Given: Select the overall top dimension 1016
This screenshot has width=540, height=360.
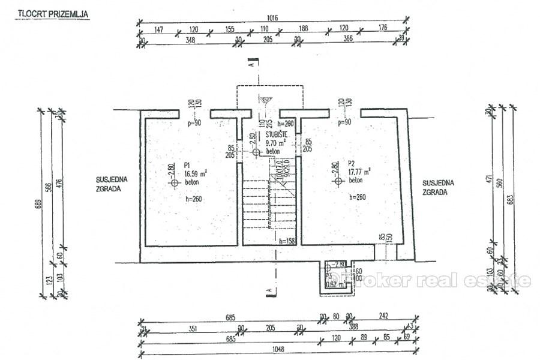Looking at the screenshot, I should (x=273, y=18).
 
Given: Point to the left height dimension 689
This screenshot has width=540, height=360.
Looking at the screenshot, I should (x=37, y=204).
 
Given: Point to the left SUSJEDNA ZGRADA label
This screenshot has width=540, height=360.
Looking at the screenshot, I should (x=109, y=183).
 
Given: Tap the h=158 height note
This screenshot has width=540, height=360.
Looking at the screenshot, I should (x=288, y=241).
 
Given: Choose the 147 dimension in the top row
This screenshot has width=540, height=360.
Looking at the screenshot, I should (x=159, y=28).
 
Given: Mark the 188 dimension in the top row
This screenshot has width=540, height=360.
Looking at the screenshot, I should (x=303, y=28).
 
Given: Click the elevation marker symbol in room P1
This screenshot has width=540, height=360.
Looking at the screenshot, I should (x=175, y=183).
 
